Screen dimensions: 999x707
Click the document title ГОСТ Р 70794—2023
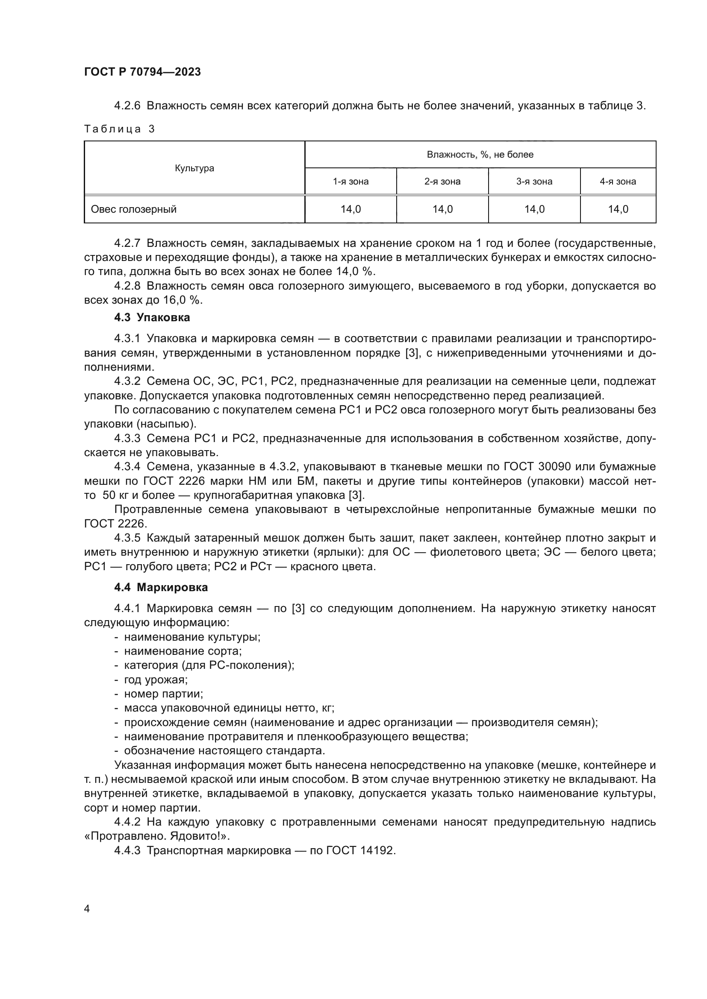142,72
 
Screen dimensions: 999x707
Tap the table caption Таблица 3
119,129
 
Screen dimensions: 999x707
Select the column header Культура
194,168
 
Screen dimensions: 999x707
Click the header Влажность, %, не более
480,155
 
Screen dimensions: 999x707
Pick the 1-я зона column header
351,182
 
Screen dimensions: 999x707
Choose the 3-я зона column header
534,182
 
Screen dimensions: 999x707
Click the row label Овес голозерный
134,209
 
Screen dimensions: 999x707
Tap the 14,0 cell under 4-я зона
618,209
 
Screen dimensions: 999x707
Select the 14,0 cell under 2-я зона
442,209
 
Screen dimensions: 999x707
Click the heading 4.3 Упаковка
152,317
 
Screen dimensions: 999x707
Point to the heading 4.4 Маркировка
161,587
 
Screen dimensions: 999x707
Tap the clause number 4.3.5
127,538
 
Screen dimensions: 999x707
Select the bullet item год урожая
156,680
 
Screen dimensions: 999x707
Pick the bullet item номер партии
164,694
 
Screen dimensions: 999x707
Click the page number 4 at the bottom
87,909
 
